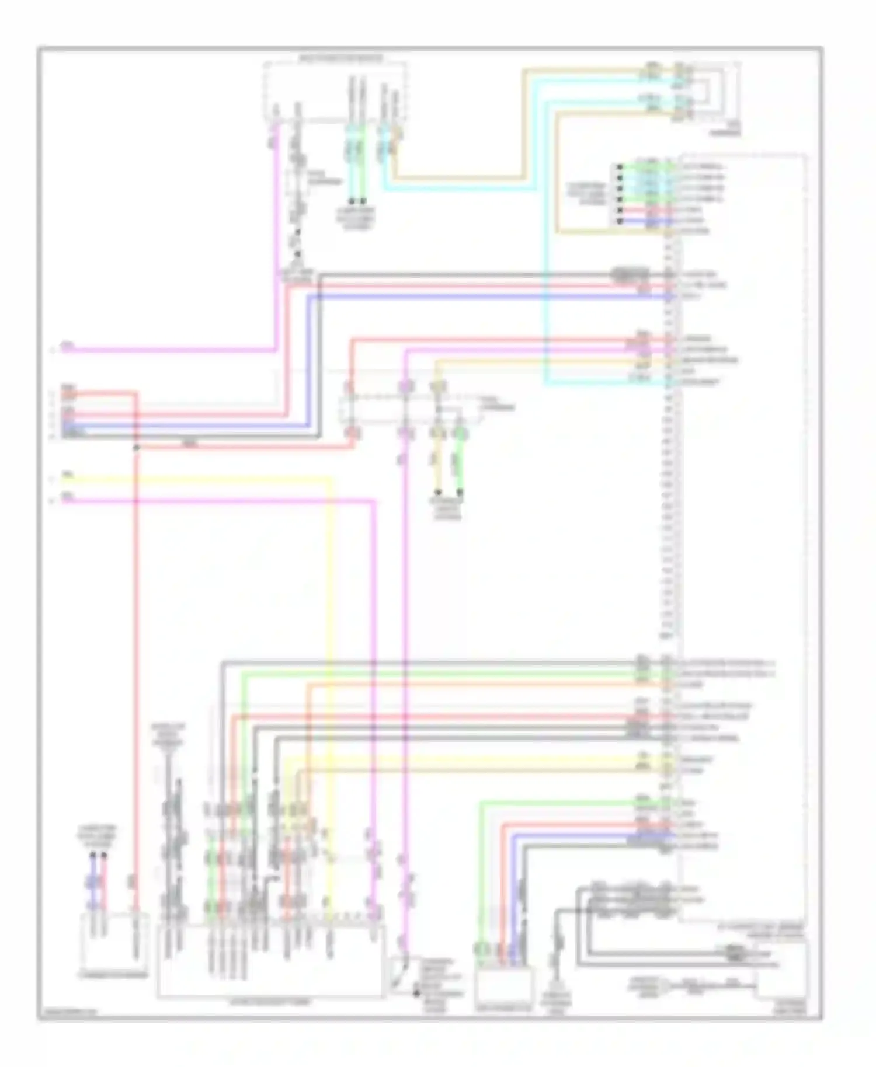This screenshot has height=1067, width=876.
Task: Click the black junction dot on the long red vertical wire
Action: tap(136, 448)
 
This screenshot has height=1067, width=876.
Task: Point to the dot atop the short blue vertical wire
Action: tap(93, 856)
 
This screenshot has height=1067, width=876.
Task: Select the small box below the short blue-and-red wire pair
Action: tap(114, 940)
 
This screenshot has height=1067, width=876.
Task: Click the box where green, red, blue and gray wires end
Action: tap(503, 984)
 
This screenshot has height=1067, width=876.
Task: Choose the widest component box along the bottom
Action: tap(270, 960)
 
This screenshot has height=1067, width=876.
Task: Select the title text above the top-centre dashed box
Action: tap(342, 58)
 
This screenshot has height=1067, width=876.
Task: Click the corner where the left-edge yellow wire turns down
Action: tap(331, 480)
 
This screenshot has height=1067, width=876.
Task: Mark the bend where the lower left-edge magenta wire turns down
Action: tap(374, 500)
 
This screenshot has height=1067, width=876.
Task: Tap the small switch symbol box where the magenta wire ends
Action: tap(400, 975)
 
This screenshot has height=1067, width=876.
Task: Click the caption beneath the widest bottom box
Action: tap(270, 1002)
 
